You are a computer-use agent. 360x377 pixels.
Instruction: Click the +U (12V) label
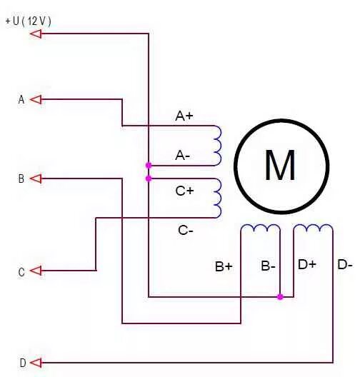coord(28,21)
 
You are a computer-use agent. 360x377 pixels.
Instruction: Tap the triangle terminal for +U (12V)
coord(36,34)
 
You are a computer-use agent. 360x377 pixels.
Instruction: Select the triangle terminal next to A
coord(36,99)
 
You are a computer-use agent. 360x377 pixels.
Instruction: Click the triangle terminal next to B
coord(36,179)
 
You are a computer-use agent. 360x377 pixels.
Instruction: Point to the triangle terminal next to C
coord(36,271)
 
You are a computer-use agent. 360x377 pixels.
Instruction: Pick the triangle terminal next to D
coord(36,363)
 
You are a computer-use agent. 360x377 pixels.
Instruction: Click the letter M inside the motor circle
coord(280,165)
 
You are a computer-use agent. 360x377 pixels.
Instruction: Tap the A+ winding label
coord(184,116)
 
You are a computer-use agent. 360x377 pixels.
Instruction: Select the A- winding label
coord(183,156)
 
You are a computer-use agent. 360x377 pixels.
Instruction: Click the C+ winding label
coord(185,191)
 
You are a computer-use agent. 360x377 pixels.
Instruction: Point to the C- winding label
coord(186,231)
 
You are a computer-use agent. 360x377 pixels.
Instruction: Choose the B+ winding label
coord(224,266)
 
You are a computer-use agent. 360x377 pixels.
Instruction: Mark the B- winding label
coord(268,266)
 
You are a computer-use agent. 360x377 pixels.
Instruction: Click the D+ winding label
coord(307,264)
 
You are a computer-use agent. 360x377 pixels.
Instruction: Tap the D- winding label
coord(345,264)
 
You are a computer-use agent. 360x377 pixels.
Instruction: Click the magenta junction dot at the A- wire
coord(149,165)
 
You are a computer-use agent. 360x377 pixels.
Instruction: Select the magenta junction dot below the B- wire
coord(280,297)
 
